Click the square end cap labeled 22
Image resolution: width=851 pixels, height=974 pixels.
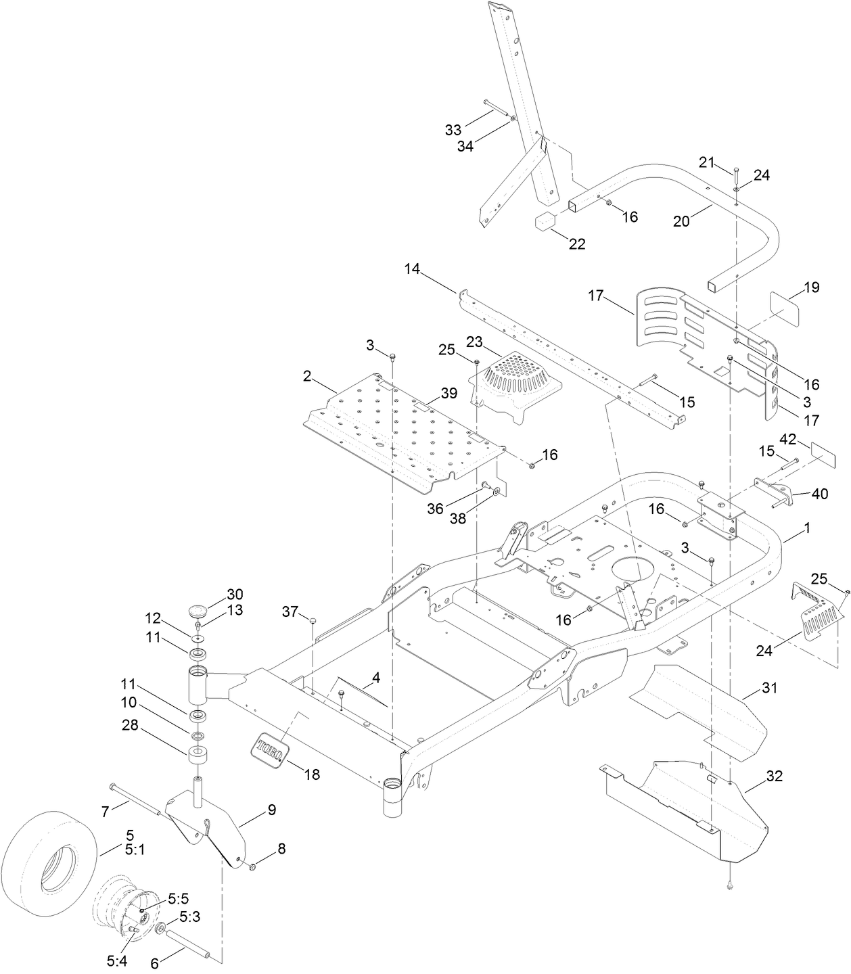coord(546,222)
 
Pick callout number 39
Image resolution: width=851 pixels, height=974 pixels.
coord(448,393)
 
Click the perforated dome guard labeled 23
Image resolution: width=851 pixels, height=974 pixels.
coord(517,379)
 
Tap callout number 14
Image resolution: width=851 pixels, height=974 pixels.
coord(412,269)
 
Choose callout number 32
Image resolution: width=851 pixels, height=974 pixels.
coord(774,776)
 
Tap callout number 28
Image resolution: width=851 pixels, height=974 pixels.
coord(130,725)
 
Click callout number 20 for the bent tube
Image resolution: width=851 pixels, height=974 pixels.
coord(681,221)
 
